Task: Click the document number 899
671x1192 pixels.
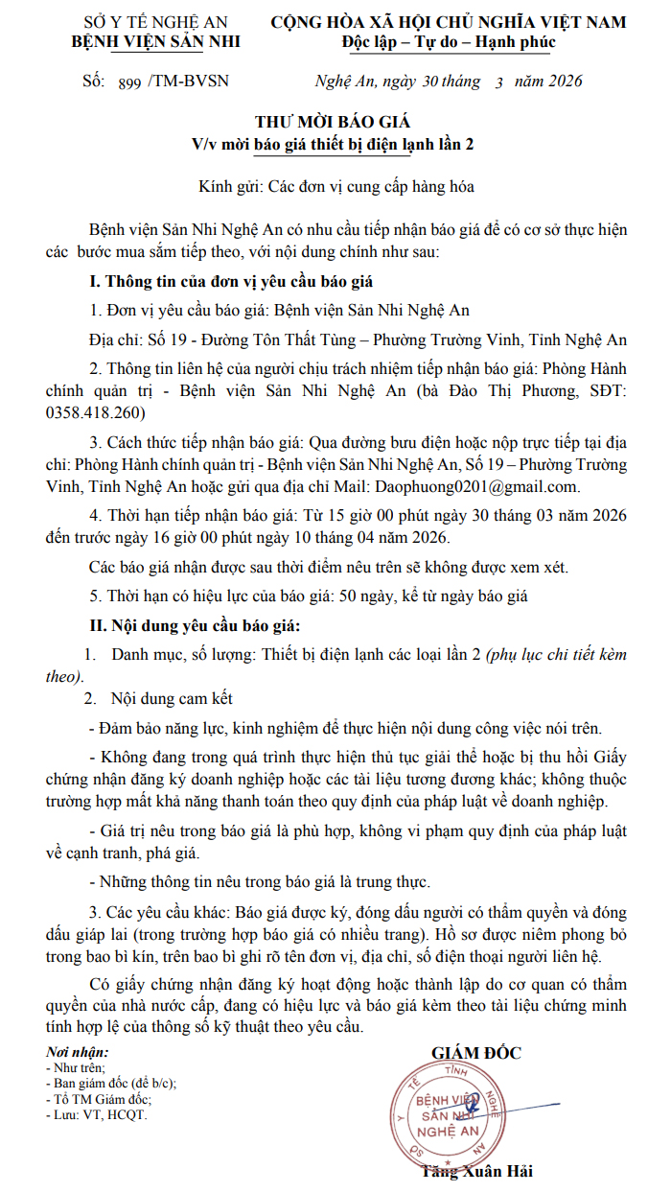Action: pos(127,83)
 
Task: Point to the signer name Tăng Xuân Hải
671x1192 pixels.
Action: pos(476,1171)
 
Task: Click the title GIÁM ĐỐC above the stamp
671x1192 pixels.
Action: pos(476,1053)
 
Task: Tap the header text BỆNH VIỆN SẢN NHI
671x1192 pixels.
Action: pos(156,41)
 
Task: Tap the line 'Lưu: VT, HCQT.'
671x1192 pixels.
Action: pos(97,1114)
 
